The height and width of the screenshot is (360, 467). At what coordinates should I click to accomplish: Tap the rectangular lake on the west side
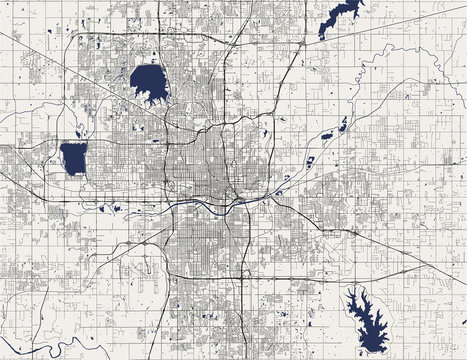[x=73, y=157]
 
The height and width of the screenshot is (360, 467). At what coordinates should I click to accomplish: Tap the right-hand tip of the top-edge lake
[x=360, y=5]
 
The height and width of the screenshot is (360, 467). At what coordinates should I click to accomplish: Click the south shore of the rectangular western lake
[x=73, y=171]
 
